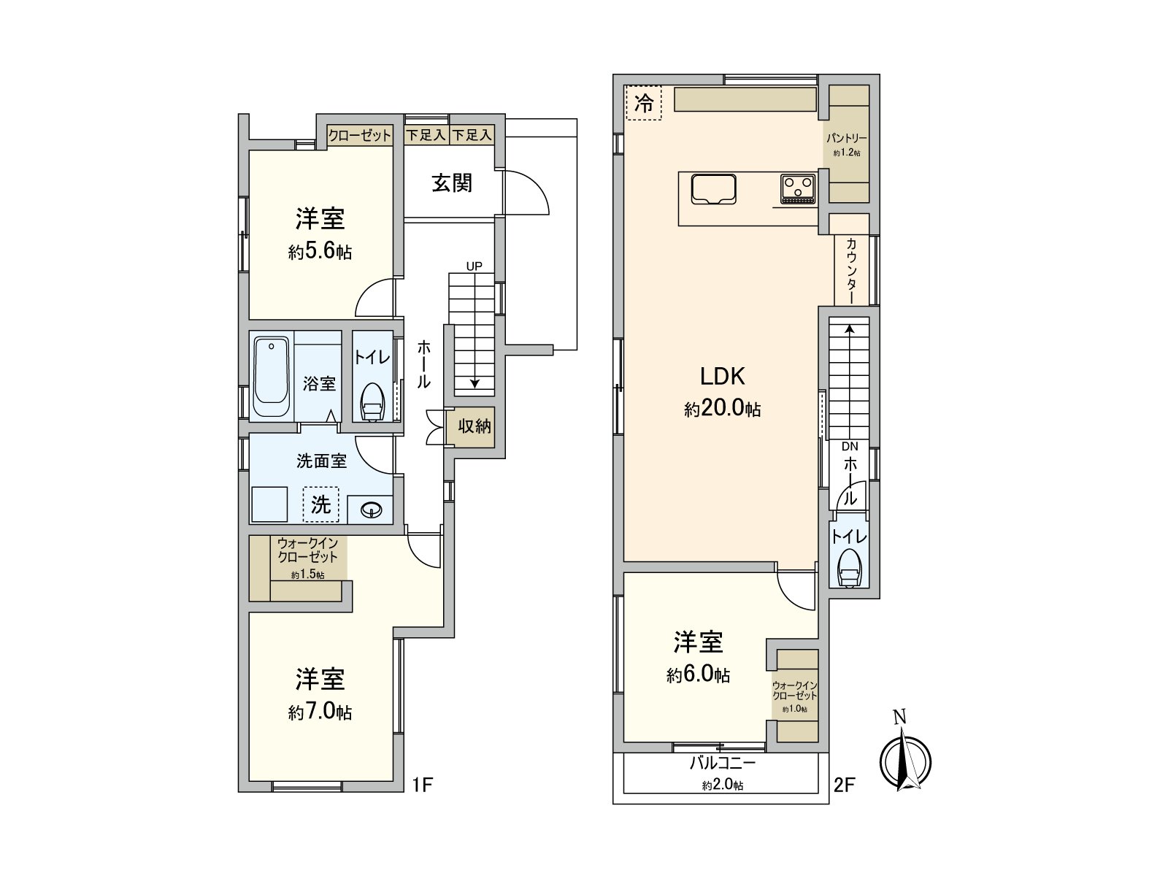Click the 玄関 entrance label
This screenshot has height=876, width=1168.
[452, 183]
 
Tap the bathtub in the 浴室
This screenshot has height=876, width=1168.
[272, 377]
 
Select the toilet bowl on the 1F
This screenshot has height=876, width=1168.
[372, 402]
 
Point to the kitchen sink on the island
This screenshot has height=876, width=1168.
[713, 189]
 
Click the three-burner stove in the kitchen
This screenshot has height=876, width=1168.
[798, 189]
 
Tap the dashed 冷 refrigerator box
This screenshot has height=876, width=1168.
[644, 103]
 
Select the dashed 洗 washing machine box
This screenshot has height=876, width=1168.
[321, 504]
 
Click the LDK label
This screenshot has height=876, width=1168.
[722, 377]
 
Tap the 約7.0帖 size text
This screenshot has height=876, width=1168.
[320, 712]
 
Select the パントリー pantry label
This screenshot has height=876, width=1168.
[847, 138]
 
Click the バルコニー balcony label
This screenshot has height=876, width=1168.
[723, 764]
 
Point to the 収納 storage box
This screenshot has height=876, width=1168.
[474, 426]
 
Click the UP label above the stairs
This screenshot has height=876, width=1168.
[474, 266]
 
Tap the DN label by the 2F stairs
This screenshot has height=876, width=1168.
[850, 447]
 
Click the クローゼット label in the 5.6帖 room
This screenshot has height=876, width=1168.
[359, 136]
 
